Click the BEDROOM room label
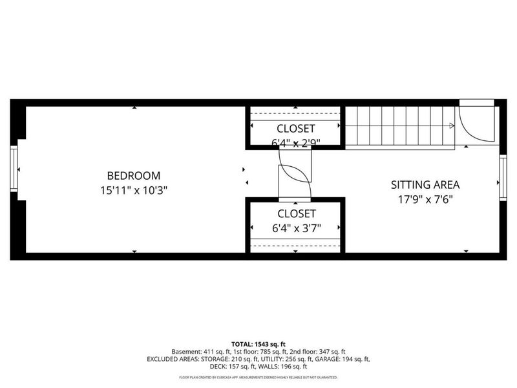pyautogui.click(x=133, y=175)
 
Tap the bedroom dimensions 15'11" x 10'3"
pyautogui.click(x=133, y=190)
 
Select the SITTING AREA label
pyautogui.click(x=425, y=184)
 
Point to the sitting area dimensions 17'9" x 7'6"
pyautogui.click(x=425, y=199)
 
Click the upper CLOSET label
pyautogui.click(x=296, y=128)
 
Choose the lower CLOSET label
pyautogui.click(x=297, y=213)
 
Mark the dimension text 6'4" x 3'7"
pyautogui.click(x=297, y=228)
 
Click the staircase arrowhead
pyautogui.click(x=451, y=125)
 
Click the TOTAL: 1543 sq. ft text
pyautogui.click(x=258, y=343)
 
